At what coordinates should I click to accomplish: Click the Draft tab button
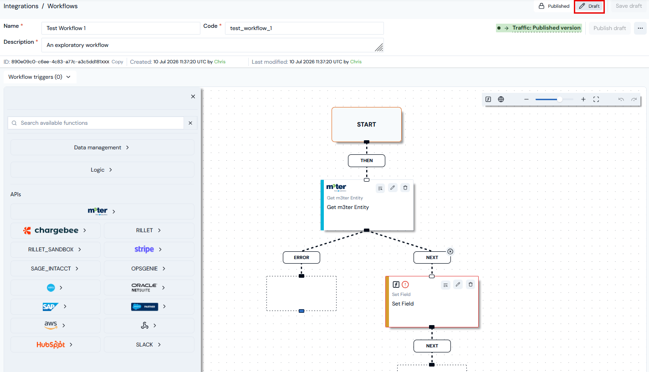point(589,6)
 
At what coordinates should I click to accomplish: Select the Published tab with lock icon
point(554,6)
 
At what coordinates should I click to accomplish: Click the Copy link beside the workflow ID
point(118,62)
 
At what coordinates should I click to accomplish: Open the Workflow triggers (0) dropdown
point(40,77)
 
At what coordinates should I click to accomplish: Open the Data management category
point(102,148)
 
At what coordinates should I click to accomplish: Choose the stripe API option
point(148,250)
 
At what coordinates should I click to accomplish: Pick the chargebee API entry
point(56,230)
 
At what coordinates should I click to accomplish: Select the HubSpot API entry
point(56,345)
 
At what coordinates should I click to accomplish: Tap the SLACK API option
point(148,345)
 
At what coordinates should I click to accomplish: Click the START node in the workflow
point(367,125)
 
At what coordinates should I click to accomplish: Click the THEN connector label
point(367,161)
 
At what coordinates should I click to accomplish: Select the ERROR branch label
point(302,258)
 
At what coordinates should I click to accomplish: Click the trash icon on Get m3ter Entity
point(405,188)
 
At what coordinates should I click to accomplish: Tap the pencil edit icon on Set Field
point(458,285)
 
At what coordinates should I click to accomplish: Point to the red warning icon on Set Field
point(405,285)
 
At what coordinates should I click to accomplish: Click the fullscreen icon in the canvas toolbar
point(596,99)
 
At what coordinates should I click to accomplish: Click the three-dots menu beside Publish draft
point(640,28)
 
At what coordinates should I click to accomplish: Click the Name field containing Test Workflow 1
point(121,28)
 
